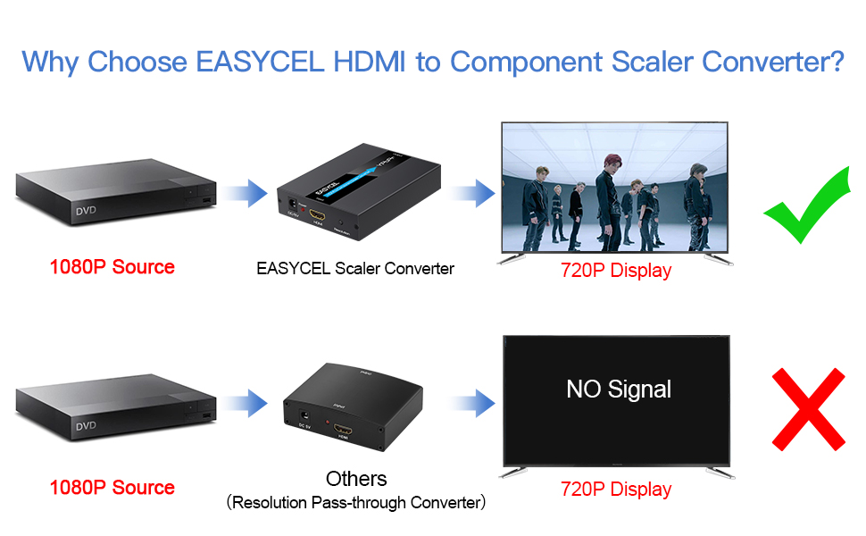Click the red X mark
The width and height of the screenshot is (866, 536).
point(808,410)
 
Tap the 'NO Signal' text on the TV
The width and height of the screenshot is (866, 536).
point(619,389)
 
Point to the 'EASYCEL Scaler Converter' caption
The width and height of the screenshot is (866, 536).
point(355,268)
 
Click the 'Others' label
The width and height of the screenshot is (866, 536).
point(356,478)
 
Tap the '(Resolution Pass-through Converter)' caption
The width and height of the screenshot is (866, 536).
point(356,503)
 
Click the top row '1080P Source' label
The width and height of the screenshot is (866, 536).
point(112,266)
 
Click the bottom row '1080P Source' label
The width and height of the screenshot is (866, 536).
point(112,488)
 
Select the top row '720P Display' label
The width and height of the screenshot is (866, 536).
point(616,270)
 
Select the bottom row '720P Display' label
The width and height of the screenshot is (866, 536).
point(616,489)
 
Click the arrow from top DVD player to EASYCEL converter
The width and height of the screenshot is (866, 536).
point(245,191)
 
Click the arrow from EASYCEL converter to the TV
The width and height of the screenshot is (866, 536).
point(472,191)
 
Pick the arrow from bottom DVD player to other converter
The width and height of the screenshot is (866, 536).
point(245,404)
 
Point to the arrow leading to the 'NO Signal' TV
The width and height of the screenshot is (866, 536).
point(472,404)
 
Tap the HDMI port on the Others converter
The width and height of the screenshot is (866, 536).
point(345,432)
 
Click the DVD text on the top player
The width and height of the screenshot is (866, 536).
point(86,212)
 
